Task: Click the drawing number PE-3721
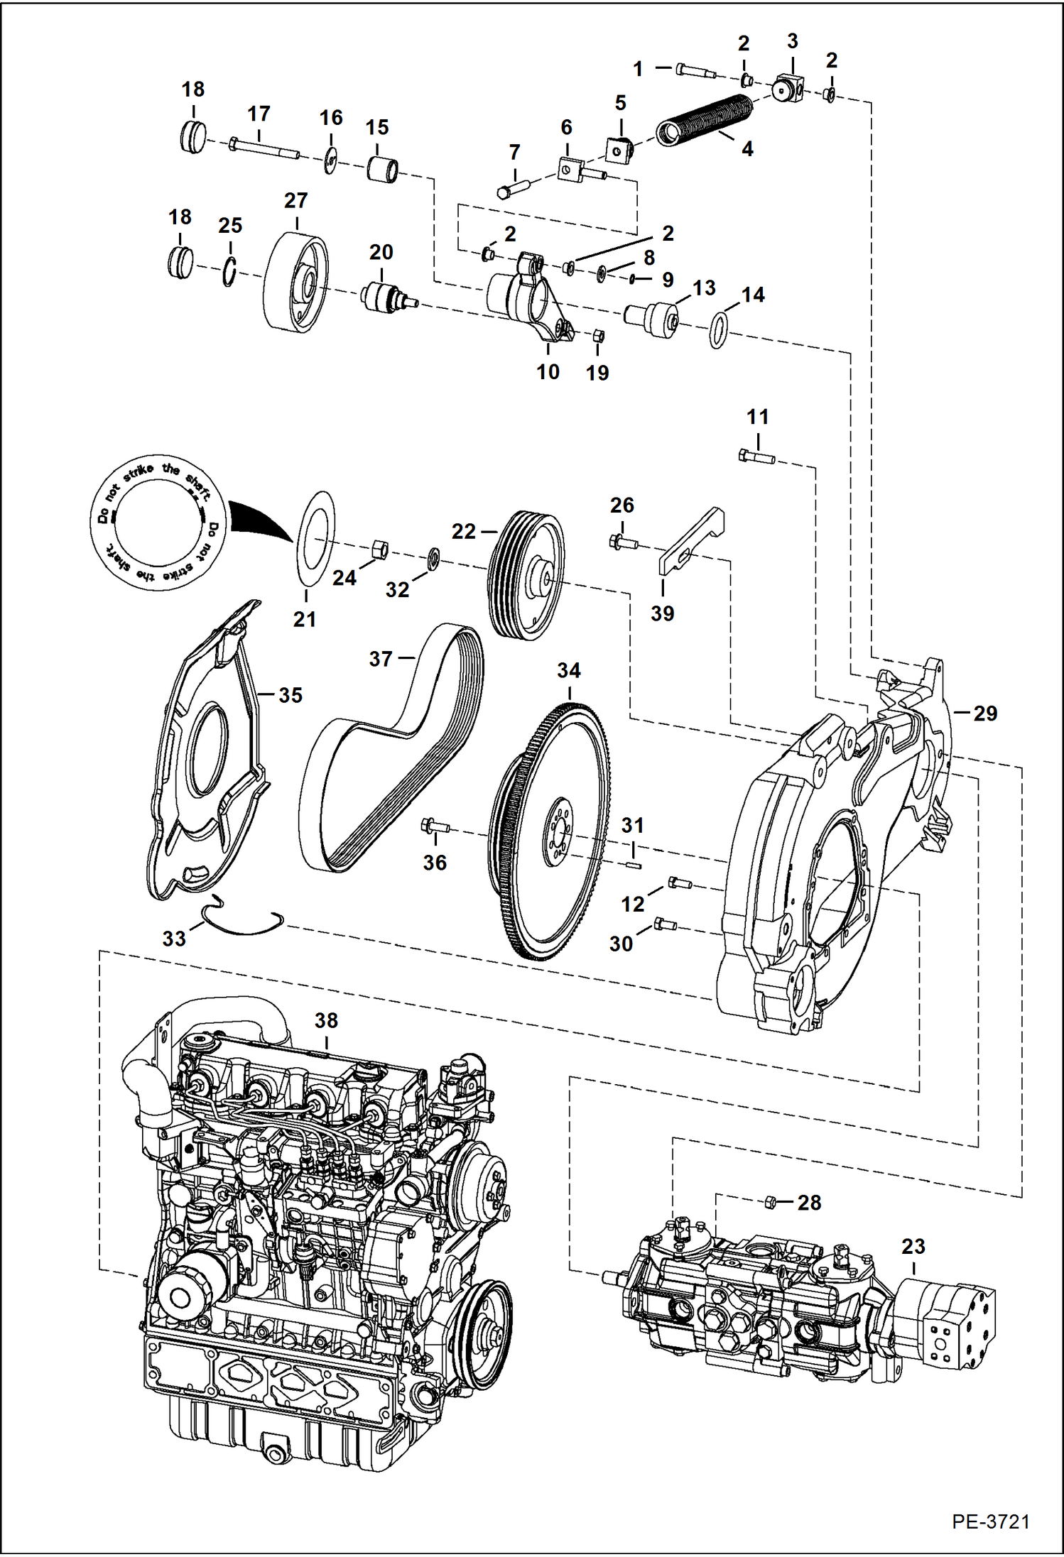pos(990,1522)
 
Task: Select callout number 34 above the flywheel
pos(568,670)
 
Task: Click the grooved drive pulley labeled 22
pos(526,575)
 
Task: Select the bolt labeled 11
pos(756,457)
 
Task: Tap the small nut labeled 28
pos(769,1202)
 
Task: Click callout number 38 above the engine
pos(326,1020)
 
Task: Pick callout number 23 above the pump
pos(913,1246)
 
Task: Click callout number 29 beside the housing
pos(984,713)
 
